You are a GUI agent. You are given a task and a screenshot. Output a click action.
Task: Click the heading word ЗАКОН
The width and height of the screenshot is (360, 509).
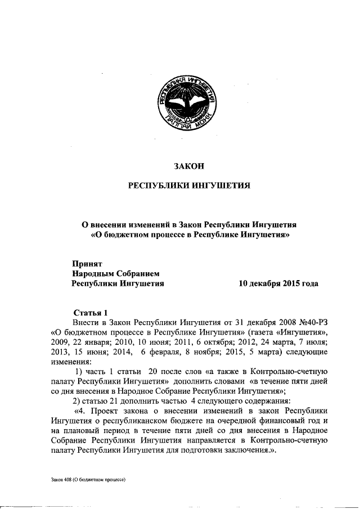point(186,165)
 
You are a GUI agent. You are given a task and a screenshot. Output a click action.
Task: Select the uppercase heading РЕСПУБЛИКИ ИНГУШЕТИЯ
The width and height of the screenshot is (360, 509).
point(186,185)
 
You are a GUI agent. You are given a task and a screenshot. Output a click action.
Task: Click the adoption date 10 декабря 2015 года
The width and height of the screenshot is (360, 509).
point(278,283)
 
